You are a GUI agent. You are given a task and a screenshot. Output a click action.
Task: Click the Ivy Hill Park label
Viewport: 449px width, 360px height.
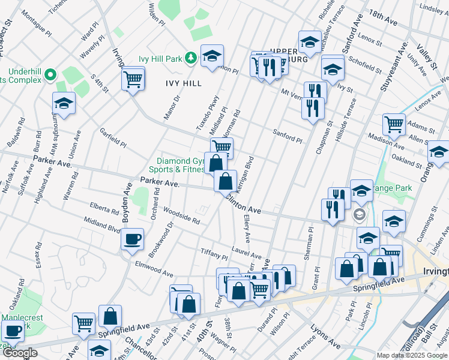(x=160, y=58)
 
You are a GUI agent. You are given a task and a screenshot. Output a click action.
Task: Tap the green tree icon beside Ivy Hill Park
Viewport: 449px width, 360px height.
(x=191, y=58)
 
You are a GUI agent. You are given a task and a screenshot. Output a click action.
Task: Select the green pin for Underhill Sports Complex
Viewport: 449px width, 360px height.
(x=50, y=75)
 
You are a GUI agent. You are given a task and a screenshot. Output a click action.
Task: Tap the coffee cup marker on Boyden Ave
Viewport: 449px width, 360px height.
(x=132, y=239)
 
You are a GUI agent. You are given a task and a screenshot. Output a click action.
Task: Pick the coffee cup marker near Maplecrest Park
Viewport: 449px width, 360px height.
(x=13, y=330)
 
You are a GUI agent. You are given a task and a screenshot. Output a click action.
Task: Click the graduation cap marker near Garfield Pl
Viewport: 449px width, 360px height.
(x=64, y=103)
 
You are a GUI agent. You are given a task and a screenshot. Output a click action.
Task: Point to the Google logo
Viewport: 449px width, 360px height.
(x=20, y=353)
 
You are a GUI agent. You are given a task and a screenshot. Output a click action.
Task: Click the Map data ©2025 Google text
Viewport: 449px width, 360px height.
(x=412, y=355)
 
